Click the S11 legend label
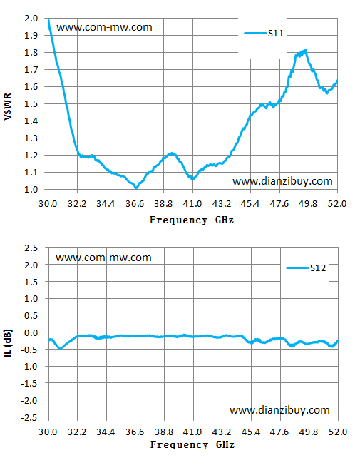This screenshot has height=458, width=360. coord(276,34)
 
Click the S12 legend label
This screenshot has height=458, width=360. coord(318,268)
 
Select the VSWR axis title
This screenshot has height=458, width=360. coord(8,106)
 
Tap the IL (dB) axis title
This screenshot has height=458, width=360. coord(8,343)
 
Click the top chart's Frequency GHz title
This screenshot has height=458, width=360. coord(192,220)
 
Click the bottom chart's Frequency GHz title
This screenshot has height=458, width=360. coord(192,444)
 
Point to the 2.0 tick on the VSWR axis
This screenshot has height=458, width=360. coord(31,19)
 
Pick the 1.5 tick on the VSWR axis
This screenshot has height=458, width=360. coord(31,104)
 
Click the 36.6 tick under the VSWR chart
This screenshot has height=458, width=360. coord(135,203)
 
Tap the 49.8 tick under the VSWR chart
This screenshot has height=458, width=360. coord(308,203)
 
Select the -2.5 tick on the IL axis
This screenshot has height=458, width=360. coord(29,417)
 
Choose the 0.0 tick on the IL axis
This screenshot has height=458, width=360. coord(31,332)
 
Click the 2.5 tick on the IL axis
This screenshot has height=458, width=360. coord(31,248)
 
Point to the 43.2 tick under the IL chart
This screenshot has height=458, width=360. coord(222,432)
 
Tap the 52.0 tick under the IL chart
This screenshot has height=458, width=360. coord(338,432)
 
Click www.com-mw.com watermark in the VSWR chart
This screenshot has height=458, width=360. coord(104,27)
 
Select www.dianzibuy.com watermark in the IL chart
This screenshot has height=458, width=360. coord(279,410)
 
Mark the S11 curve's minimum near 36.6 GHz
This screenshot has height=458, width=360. coord(135,188)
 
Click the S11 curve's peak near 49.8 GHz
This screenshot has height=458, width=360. coord(305,51)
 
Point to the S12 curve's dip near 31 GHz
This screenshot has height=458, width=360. coord(61,348)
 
